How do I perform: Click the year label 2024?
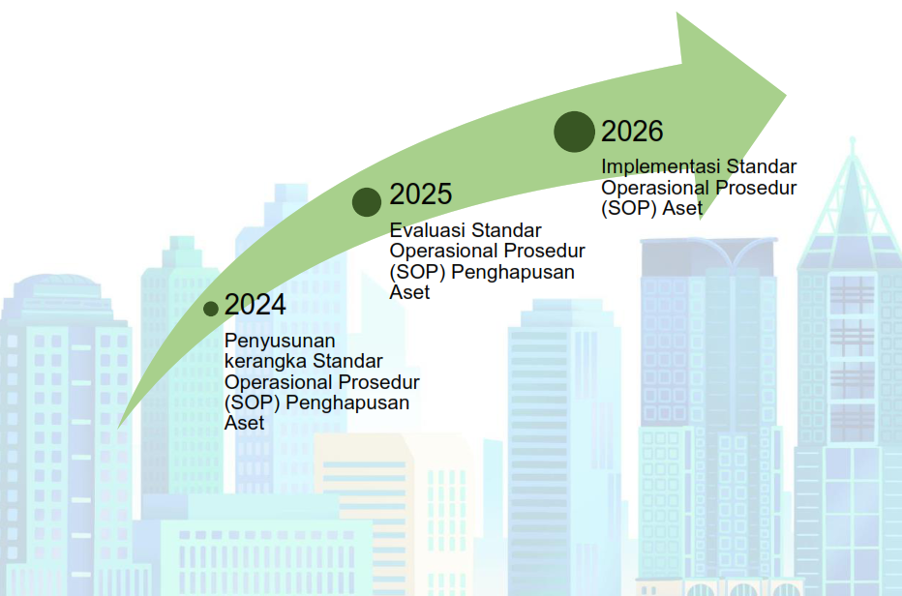pos(255,305)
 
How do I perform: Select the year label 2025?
pos(420,194)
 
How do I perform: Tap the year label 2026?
pos(632,132)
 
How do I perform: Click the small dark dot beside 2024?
pos(211,309)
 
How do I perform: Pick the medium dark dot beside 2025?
pos(367,202)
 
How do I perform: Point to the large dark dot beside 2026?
pos(575,132)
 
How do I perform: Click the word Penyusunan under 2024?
pos(280,342)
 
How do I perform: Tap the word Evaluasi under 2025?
pos(428,230)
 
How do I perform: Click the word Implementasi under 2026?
pos(661,166)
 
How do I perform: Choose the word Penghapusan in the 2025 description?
pos(513,272)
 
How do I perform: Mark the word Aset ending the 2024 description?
pos(245,423)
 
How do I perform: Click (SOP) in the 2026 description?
pos(629,208)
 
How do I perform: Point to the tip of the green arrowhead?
pos(787,95)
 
